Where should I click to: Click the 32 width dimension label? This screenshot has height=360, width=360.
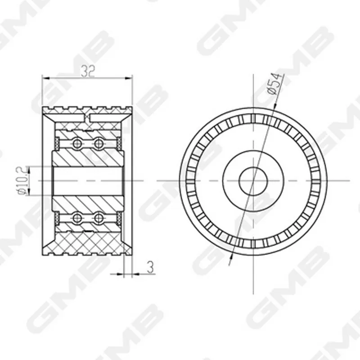click(x=87, y=72)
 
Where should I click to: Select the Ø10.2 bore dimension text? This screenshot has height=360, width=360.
click(x=22, y=181)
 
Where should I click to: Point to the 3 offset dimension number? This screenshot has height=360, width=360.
click(x=150, y=267)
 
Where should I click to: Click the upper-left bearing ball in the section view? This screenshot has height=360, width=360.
click(x=77, y=144)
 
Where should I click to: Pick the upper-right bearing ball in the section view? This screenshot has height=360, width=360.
click(x=99, y=144)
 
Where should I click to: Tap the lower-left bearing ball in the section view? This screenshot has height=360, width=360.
click(x=77, y=218)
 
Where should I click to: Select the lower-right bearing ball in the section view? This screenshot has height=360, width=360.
click(x=99, y=218)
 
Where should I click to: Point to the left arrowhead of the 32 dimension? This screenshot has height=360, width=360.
click(x=46, y=78)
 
